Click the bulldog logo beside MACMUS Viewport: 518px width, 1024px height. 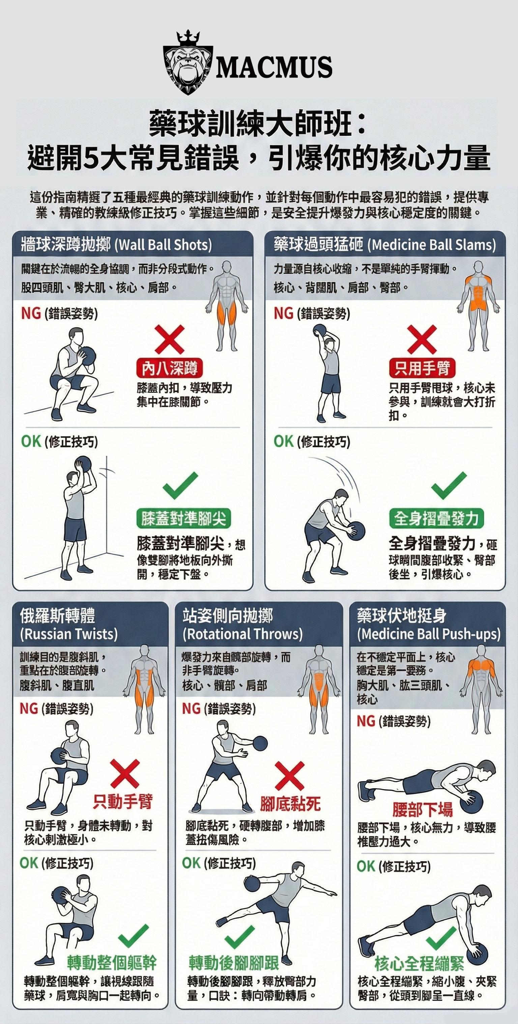coord(188,63)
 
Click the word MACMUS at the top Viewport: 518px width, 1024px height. coord(274,66)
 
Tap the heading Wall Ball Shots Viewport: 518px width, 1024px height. coord(116,245)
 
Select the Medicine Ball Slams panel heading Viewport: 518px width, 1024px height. coord(384,245)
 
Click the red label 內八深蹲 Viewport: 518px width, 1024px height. coord(170,368)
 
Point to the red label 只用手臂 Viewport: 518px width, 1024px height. coord(422,368)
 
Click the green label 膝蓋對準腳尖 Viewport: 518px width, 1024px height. coord(183,518)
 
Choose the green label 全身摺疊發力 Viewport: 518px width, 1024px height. coord(436,518)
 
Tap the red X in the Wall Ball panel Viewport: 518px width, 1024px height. coord(170,339)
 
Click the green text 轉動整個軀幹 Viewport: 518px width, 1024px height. coord(112,962)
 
